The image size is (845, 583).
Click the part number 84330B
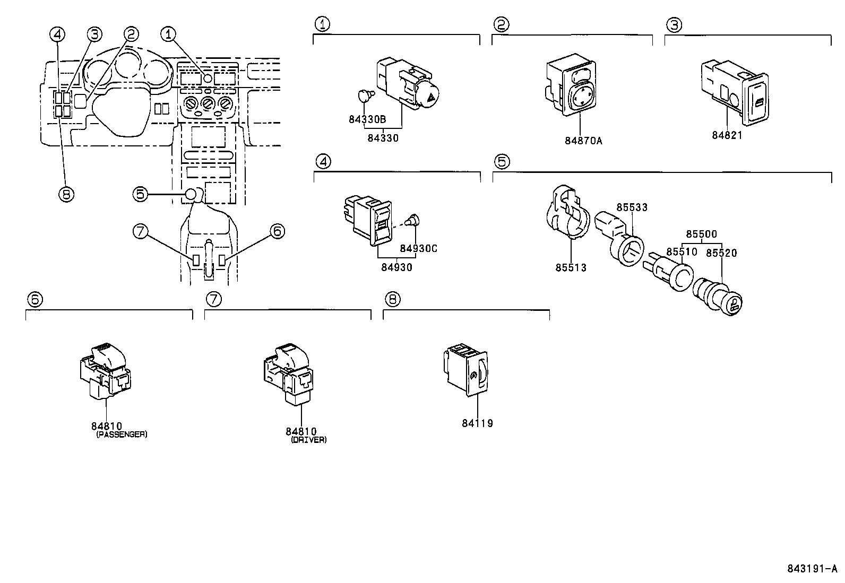pyautogui.click(x=367, y=119)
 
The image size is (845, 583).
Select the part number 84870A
pyautogui.click(x=583, y=141)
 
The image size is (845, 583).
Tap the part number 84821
pyautogui.click(x=727, y=135)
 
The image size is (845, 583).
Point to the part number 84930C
pyautogui.click(x=418, y=248)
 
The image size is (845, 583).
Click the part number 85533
pyautogui.click(x=632, y=207)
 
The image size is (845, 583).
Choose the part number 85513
pyautogui.click(x=571, y=267)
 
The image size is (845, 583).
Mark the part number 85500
pyautogui.click(x=701, y=234)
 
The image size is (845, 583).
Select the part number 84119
pyautogui.click(x=477, y=423)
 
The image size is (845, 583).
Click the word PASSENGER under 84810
pyautogui.click(x=122, y=434)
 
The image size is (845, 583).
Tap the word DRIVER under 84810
pyautogui.click(x=309, y=440)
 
